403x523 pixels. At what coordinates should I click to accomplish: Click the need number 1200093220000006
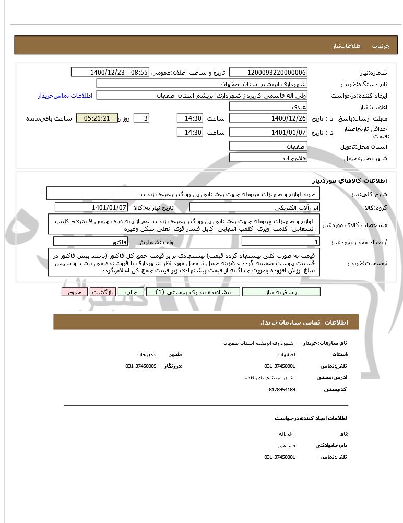pyautogui.click(x=268, y=72)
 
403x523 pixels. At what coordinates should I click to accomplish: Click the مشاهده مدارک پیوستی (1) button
pyautogui.click(x=193, y=292)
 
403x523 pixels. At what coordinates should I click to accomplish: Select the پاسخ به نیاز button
pyautogui.click(x=281, y=292)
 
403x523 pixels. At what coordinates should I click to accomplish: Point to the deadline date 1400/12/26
pyautogui.click(x=268, y=118)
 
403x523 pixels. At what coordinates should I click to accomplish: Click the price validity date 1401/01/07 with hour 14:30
pyautogui.click(x=268, y=132)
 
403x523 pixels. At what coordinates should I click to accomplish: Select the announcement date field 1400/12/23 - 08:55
pyautogui.click(x=110, y=72)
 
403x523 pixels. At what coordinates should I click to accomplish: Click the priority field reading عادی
pyautogui.click(x=268, y=106)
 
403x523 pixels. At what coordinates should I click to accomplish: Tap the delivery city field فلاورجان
pyautogui.click(x=268, y=157)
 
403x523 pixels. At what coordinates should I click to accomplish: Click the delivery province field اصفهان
pyautogui.click(x=268, y=146)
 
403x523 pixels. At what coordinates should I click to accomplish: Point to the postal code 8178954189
pyautogui.click(x=282, y=389)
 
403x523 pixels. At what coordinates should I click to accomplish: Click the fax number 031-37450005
pyautogui.click(x=141, y=366)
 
